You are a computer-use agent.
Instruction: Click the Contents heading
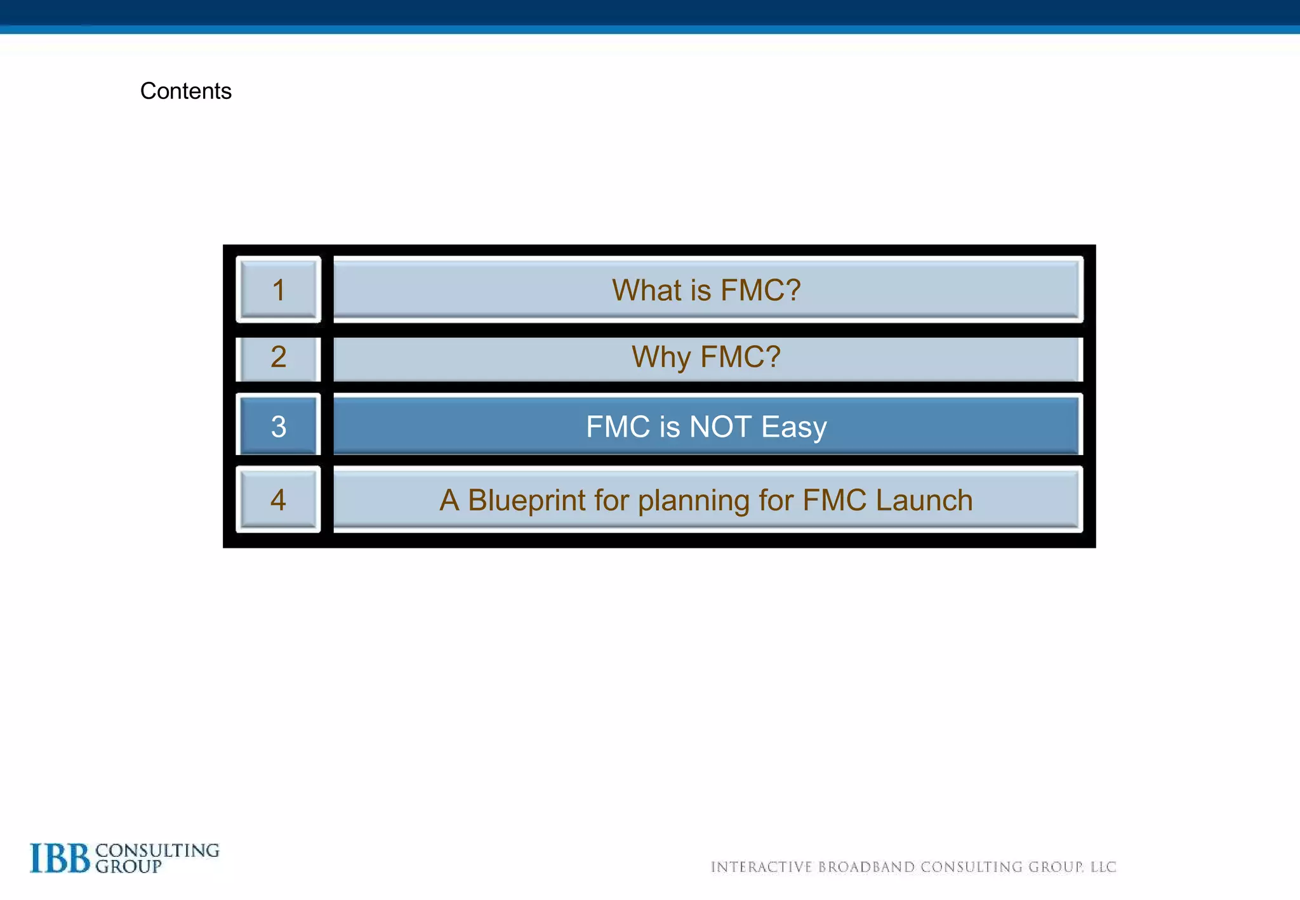click(x=185, y=91)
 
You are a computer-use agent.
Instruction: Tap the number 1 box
click(x=278, y=290)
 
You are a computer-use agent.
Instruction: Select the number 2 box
click(x=278, y=357)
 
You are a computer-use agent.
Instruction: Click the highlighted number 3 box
click(x=278, y=426)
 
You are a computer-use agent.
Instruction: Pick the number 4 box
click(x=278, y=500)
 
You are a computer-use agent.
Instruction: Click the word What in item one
click(x=646, y=290)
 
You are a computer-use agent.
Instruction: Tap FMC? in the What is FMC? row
click(x=760, y=290)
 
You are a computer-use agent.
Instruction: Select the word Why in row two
click(x=661, y=357)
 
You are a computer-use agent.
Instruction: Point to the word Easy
click(x=793, y=427)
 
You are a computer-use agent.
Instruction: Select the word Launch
click(x=924, y=500)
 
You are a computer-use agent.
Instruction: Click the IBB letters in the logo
click(x=60, y=858)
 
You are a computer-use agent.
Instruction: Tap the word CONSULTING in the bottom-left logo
click(x=157, y=850)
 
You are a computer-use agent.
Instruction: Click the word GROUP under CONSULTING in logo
click(x=128, y=867)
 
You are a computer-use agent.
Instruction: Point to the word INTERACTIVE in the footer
click(x=761, y=867)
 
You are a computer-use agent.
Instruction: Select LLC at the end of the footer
click(x=1103, y=867)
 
